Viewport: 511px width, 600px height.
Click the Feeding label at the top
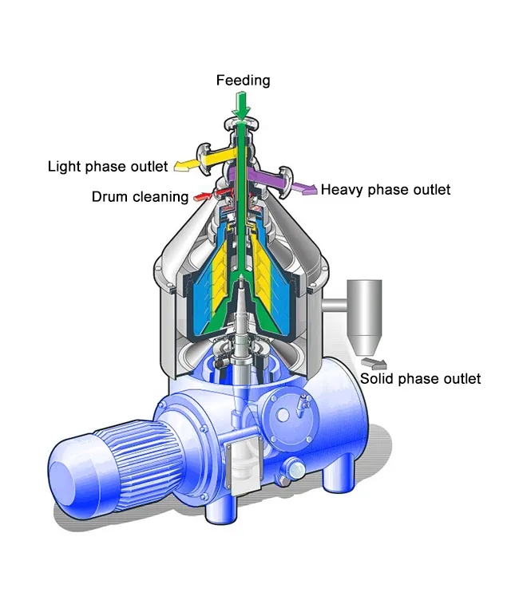pos(244,81)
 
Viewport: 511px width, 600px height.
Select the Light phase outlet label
pos(108,167)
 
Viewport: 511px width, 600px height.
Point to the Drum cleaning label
pos(140,196)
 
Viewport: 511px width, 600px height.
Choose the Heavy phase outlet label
pos(386,190)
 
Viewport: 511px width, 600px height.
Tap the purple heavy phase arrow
pos(302,187)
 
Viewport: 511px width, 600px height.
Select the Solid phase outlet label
pos(420,378)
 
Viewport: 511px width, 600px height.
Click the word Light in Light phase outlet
pos(64,167)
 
